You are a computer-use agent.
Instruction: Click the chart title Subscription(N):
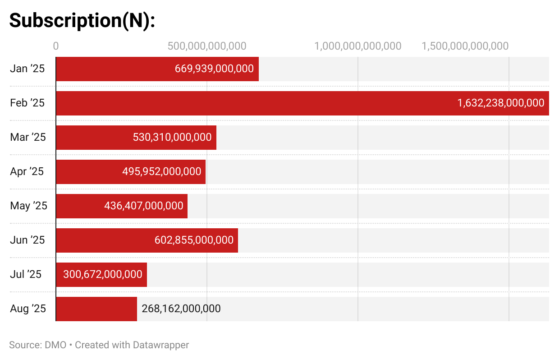pos(82,20)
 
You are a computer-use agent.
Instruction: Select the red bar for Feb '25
pos(302,103)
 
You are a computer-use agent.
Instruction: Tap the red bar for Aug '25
pos(96,309)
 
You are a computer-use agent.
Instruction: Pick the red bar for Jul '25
pos(101,275)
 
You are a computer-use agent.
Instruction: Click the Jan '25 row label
pos(27,69)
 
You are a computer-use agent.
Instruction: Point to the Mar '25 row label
pos(28,137)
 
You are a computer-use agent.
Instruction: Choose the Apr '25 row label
pos(27,171)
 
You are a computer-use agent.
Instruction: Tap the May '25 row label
pos(28,206)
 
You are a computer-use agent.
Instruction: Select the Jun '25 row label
pos(27,240)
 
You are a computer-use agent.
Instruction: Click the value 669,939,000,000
pos(214,69)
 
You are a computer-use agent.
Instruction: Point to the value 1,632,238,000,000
pos(501,103)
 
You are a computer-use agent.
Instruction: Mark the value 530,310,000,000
pos(172,137)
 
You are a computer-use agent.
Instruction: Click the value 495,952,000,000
pos(162,171)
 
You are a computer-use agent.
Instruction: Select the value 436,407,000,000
pos(144,206)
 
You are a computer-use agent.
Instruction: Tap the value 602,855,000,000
pos(194,240)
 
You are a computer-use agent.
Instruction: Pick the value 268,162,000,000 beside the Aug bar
pos(181,309)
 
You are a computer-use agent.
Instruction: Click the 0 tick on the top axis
pos(56,46)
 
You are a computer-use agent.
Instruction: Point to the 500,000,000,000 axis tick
pos(207,46)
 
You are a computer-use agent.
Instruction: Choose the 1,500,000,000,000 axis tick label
pos(465,46)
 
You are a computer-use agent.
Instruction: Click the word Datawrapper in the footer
pos(161,345)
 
